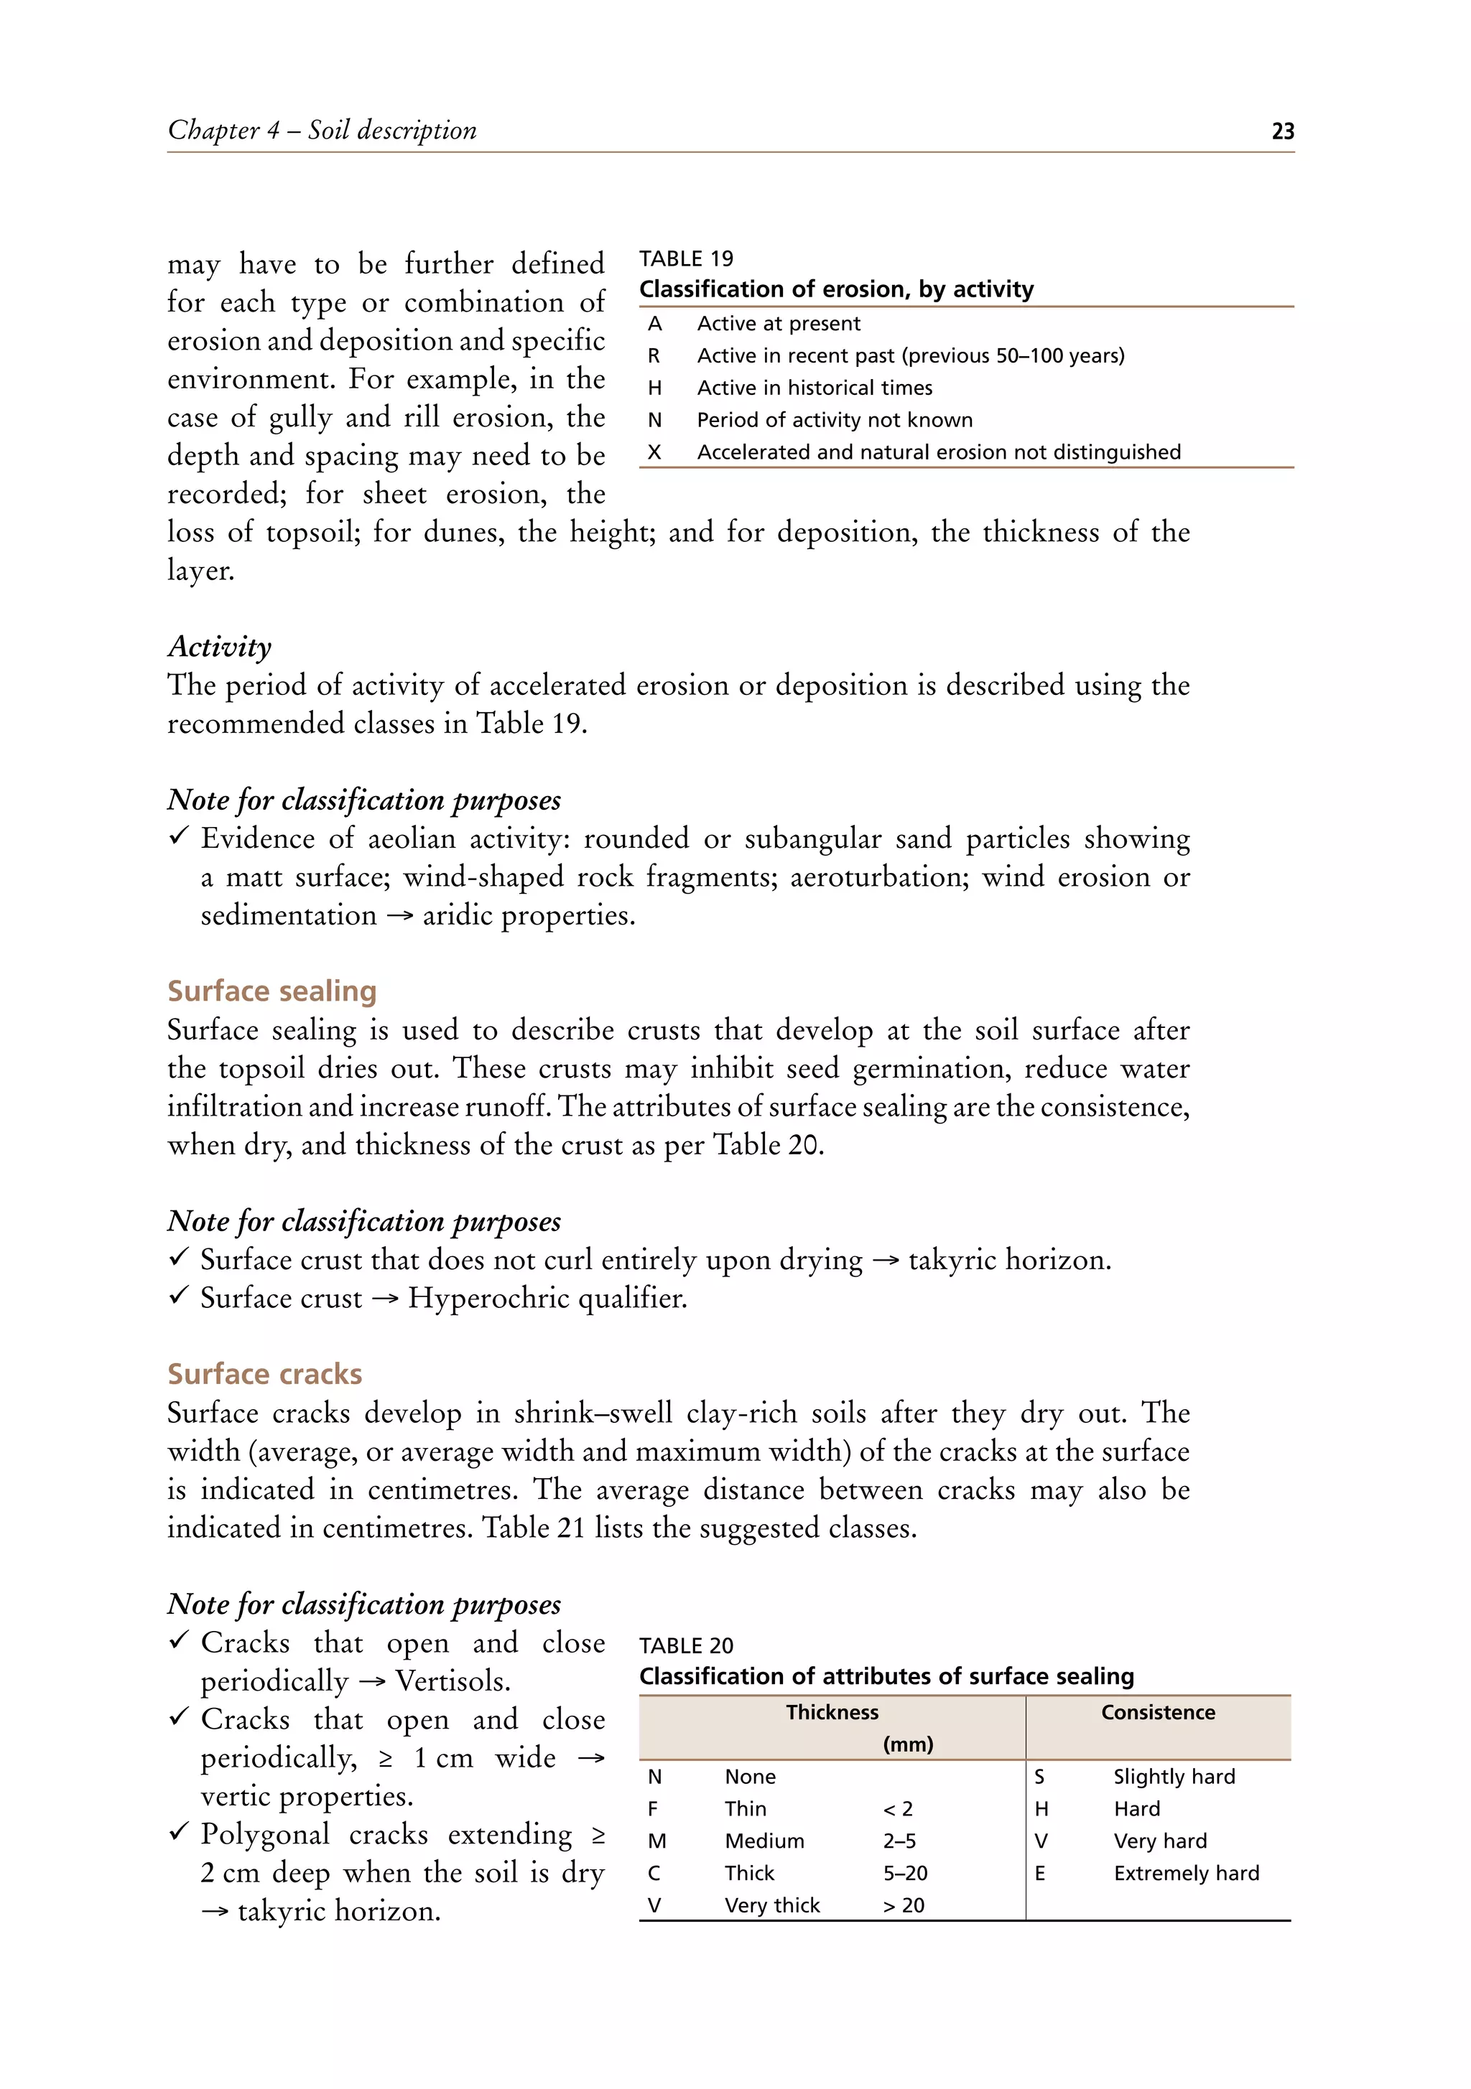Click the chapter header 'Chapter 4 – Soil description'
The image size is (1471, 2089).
coord(322,130)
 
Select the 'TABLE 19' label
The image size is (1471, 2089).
coord(685,258)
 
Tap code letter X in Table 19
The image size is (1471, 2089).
coord(654,452)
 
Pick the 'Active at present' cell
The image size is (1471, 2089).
coord(779,324)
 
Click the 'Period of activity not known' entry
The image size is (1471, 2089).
coord(834,421)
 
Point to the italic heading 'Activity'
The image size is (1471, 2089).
coord(219,647)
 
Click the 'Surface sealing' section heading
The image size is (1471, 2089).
coord(272,991)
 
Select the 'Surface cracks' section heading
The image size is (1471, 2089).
coord(264,1374)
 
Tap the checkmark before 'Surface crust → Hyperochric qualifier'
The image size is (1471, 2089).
coord(180,1296)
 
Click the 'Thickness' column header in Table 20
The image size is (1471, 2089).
coord(831,1712)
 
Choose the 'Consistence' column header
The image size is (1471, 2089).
coord(1157,1712)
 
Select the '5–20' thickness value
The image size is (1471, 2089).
coord(905,1874)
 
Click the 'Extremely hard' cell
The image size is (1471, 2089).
coord(1185,1874)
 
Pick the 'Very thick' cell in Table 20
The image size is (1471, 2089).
coord(772,1905)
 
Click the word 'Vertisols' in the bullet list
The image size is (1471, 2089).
coord(452,1681)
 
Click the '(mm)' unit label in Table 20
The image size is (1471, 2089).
coord(908,1744)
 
